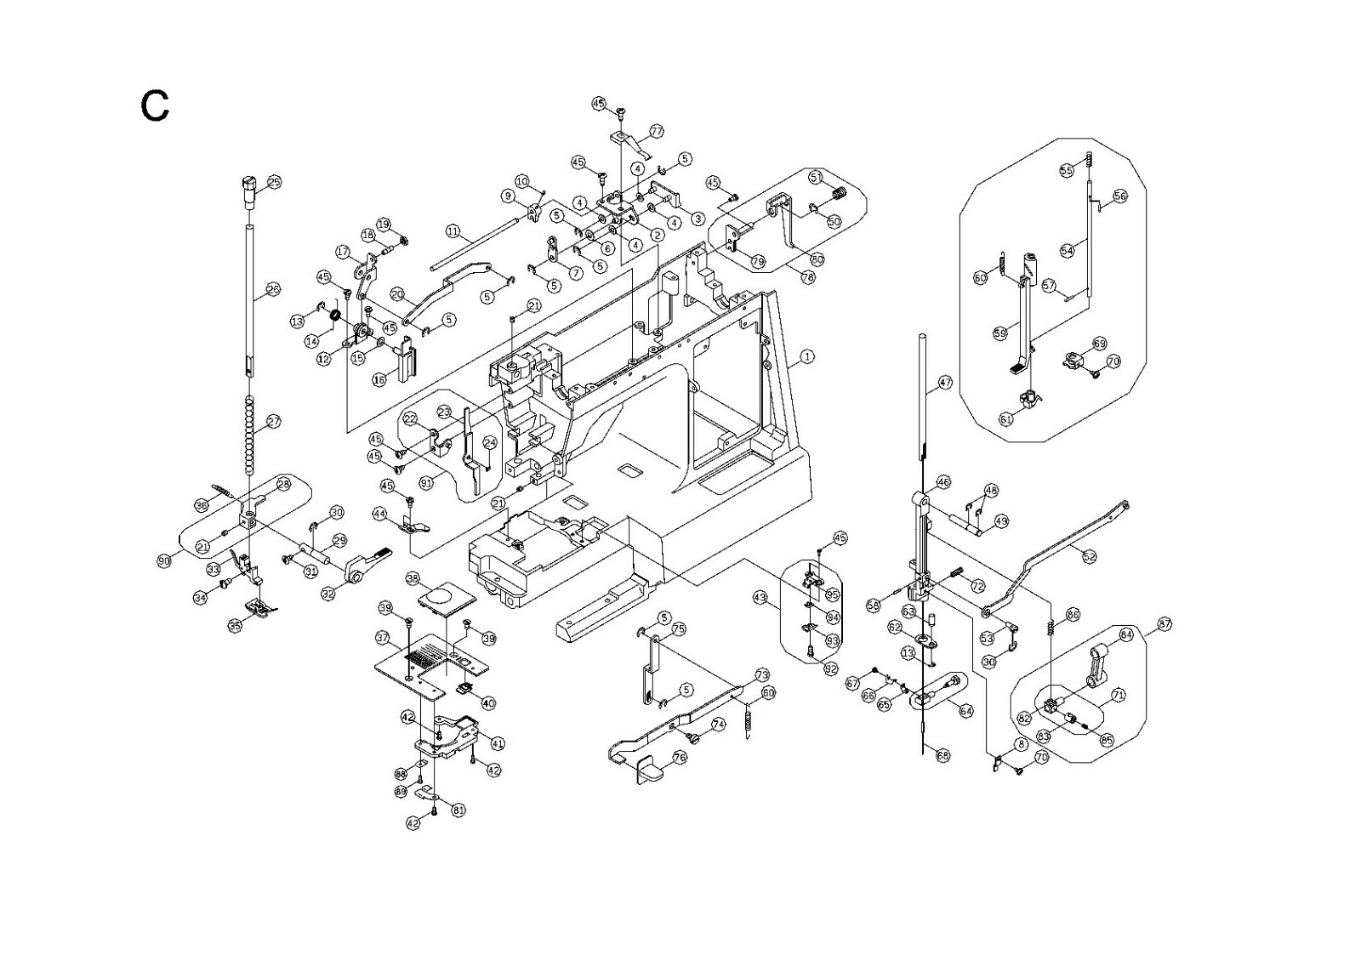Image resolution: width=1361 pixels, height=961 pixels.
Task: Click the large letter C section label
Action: click(155, 106)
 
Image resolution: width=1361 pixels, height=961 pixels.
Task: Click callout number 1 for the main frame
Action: click(807, 357)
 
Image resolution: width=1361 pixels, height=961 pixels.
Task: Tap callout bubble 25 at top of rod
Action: click(274, 182)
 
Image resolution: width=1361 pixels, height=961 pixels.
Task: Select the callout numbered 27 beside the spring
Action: click(273, 422)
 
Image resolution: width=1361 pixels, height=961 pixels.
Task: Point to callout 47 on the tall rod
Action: click(945, 383)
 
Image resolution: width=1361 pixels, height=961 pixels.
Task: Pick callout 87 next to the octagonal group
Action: click(1165, 626)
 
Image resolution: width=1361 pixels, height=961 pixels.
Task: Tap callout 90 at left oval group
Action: click(163, 560)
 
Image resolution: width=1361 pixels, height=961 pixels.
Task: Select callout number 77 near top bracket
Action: click(656, 132)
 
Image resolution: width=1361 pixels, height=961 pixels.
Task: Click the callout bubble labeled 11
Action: click(453, 231)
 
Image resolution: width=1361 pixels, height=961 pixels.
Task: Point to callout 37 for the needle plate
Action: click(383, 637)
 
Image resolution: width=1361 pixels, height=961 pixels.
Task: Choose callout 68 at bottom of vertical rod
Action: click(942, 755)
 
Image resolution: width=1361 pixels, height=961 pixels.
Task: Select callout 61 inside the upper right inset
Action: click(1006, 418)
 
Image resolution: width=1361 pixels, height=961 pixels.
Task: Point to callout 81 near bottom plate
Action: click(458, 810)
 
